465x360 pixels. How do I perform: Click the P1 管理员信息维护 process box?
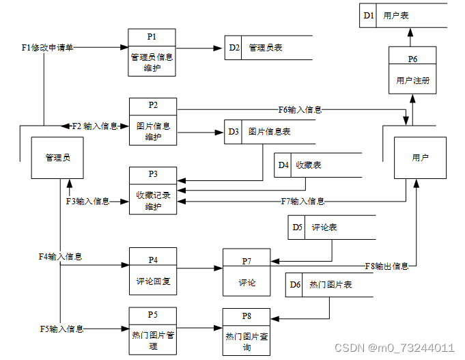click(x=152, y=53)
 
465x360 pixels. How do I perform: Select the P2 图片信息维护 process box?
click(x=153, y=122)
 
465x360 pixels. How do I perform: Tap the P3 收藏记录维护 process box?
click(x=153, y=191)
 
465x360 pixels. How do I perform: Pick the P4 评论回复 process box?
click(x=153, y=271)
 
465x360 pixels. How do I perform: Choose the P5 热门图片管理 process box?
click(x=153, y=331)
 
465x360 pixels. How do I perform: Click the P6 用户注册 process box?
click(x=412, y=70)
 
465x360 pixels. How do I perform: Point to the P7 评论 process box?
click(x=246, y=273)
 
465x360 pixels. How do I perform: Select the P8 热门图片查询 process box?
click(x=246, y=332)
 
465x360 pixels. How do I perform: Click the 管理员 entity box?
click(x=58, y=158)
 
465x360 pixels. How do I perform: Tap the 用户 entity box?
click(x=420, y=158)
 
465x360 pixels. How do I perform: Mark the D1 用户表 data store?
click(x=404, y=15)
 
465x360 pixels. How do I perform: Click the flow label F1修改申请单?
click(x=48, y=48)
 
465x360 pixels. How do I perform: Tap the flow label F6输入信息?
click(x=300, y=109)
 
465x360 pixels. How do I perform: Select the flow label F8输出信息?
click(x=386, y=266)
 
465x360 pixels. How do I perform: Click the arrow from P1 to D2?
click(x=200, y=49)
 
